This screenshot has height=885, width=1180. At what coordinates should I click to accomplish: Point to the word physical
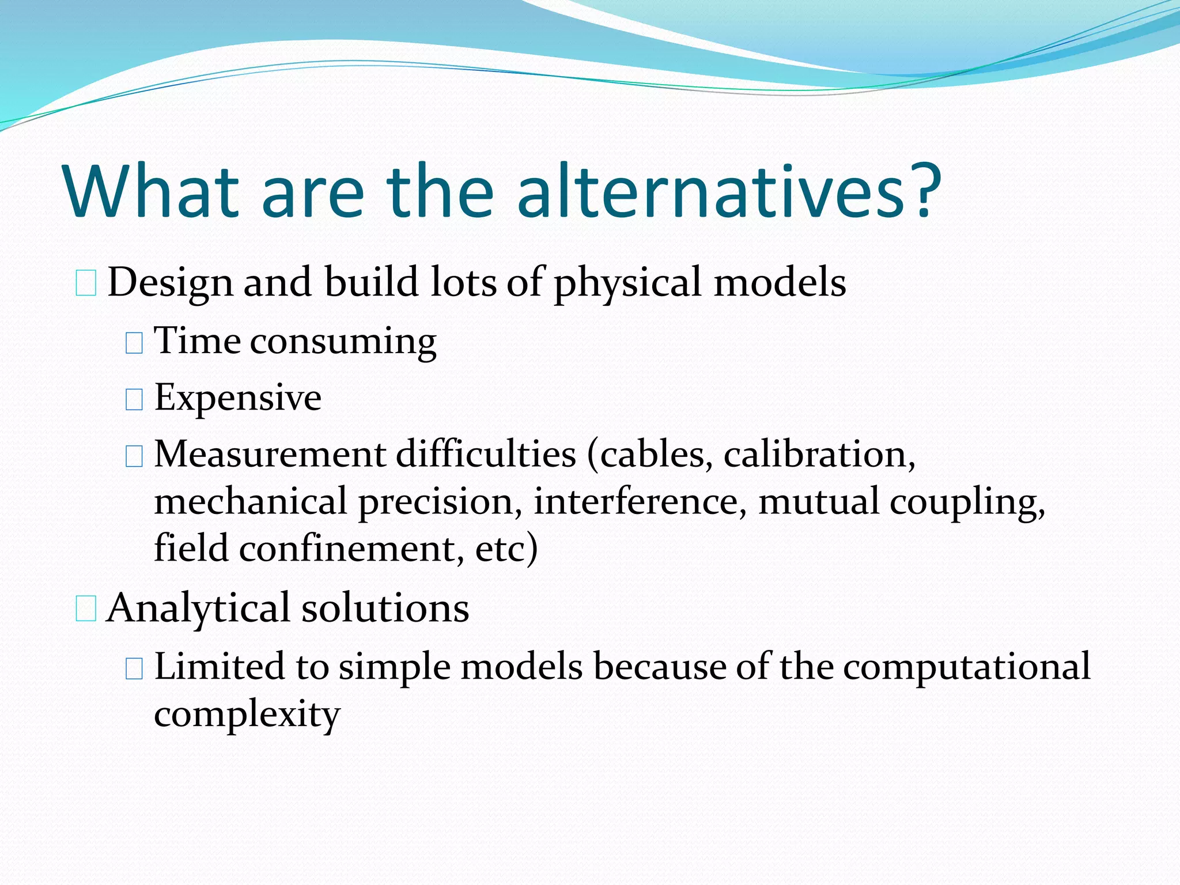coord(629,283)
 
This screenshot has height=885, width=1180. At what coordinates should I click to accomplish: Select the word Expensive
coord(238,398)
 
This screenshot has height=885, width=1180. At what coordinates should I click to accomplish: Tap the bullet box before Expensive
coord(134,399)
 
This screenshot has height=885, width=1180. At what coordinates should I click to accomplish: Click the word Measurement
coord(270,455)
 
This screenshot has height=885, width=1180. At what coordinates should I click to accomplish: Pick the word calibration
coord(819,455)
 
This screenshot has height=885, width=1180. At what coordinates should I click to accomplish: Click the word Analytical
coord(198,609)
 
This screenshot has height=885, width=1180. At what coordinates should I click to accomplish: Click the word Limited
coord(220,667)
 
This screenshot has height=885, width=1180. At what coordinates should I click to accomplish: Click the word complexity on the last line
coord(247,714)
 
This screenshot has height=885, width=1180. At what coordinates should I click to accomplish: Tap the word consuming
coord(343,342)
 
